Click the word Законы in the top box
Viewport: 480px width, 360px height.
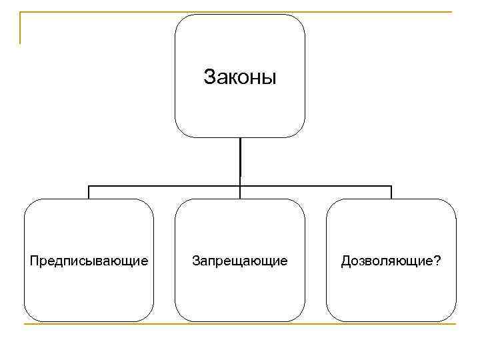[239, 77]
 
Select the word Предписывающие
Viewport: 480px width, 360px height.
[89, 260]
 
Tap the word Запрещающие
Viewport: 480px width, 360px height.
[240, 260]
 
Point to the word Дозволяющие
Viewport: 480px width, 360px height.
[386, 260]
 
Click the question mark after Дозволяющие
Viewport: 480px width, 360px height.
[436, 260]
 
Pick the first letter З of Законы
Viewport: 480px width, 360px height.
[208, 77]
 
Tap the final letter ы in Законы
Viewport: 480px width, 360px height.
[269, 77]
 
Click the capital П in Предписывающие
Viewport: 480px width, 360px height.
[33, 259]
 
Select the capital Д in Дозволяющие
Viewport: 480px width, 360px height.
[345, 260]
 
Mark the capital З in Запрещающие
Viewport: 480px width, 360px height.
[195, 260]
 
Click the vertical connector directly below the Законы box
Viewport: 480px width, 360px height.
[240, 160]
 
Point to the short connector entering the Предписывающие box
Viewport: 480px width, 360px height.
[89, 192]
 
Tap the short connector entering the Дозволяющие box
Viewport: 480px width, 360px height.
[391, 192]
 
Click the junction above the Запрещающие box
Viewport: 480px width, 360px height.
[240, 186]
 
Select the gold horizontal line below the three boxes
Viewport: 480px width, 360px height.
[240, 325]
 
